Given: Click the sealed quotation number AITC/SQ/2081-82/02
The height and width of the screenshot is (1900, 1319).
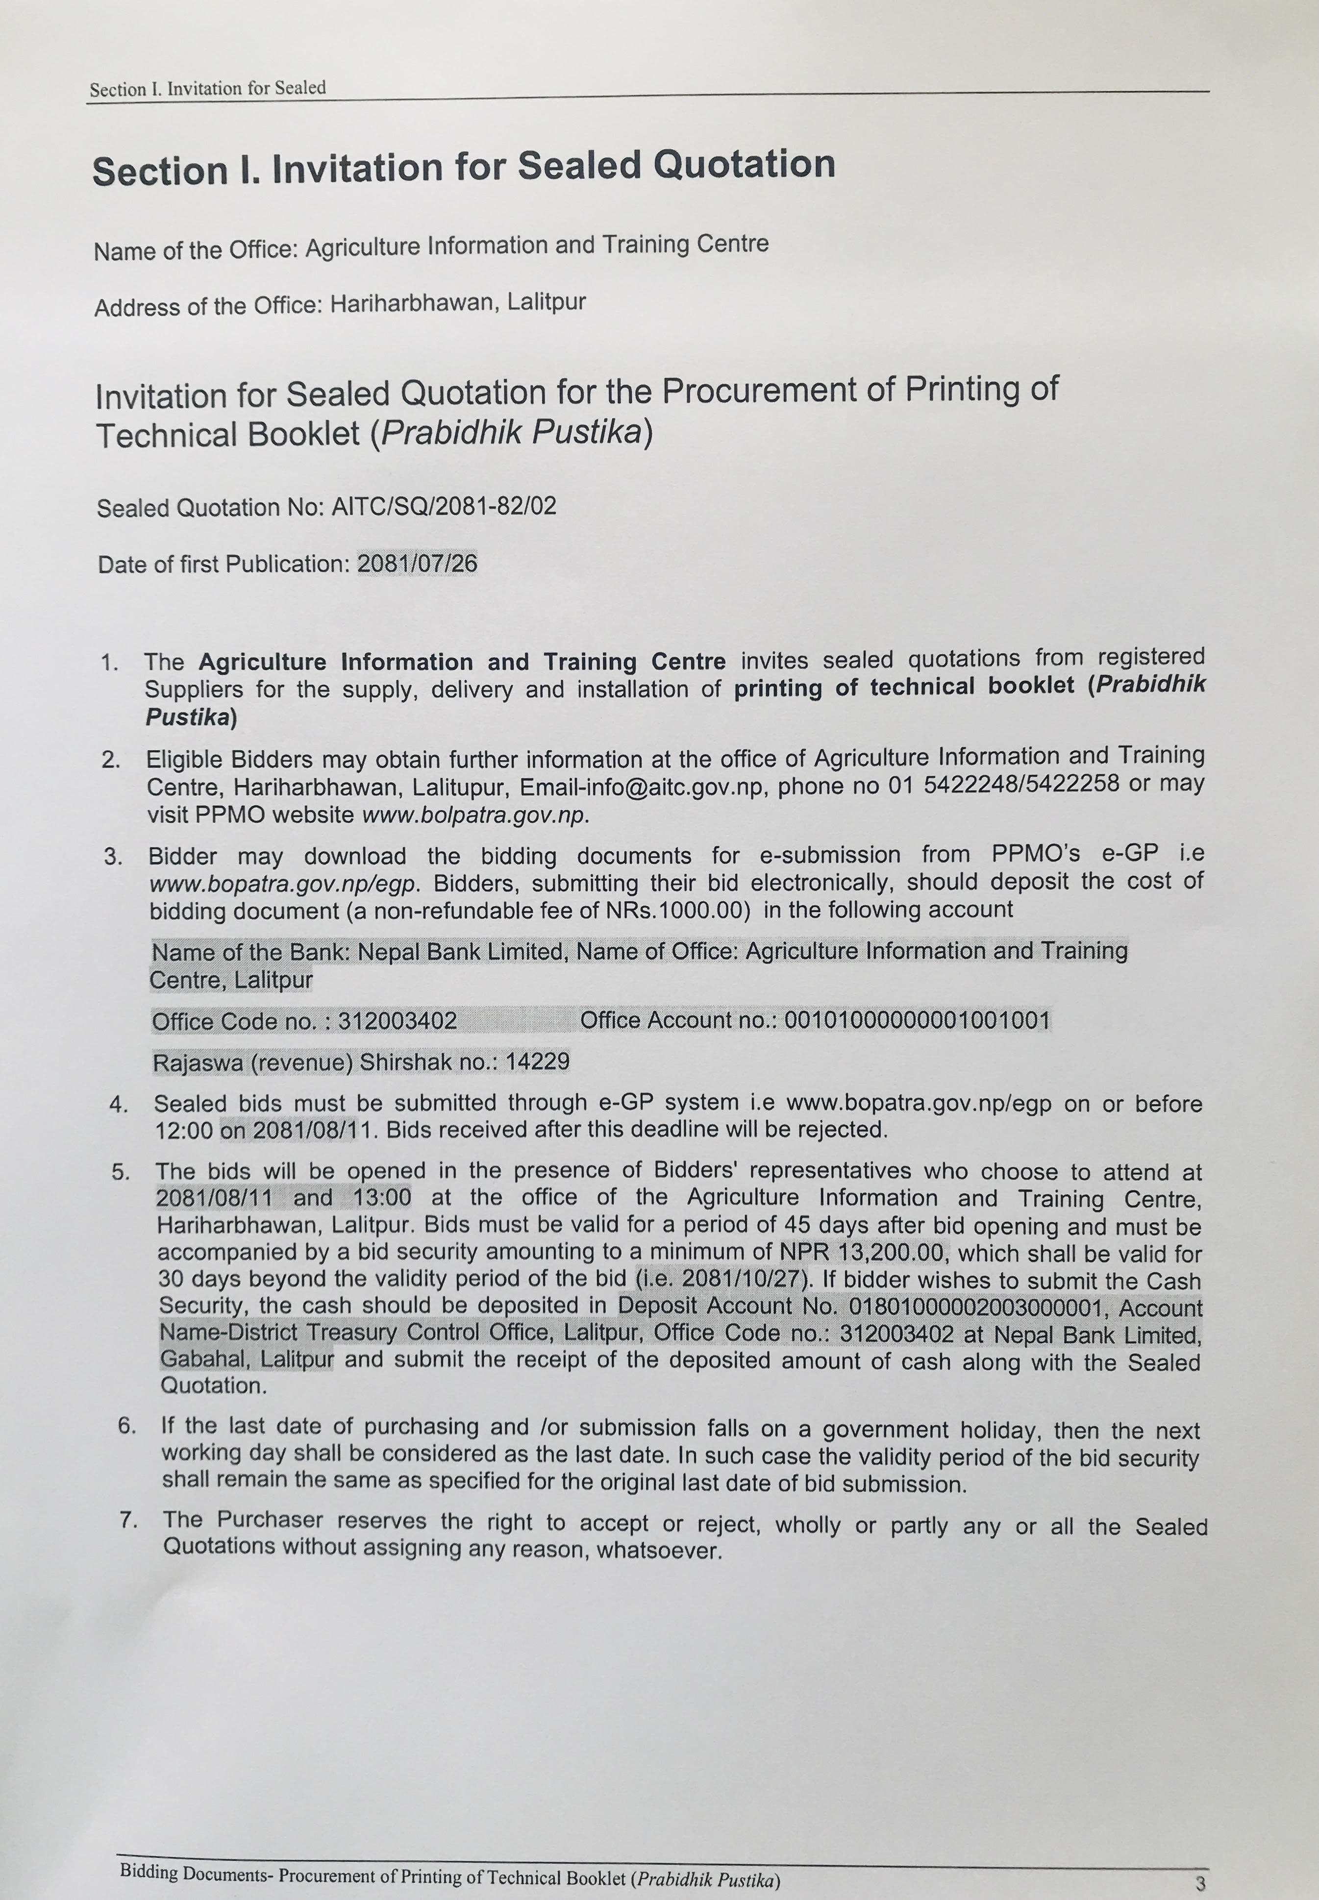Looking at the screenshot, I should [x=444, y=506].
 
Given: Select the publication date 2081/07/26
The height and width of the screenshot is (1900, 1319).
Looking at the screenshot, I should [x=417, y=564].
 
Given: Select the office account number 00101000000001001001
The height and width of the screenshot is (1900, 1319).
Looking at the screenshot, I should [x=917, y=1020].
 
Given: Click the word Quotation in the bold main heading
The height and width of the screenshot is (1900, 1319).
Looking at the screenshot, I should [x=744, y=164].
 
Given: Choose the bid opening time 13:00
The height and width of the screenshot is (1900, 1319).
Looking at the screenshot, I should [x=382, y=1198].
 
